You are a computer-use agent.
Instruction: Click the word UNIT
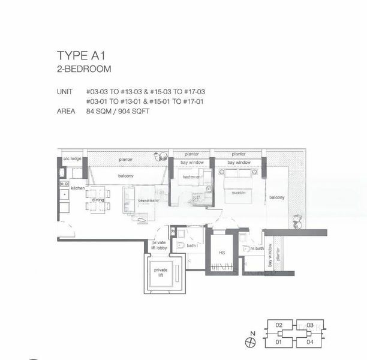point(64,91)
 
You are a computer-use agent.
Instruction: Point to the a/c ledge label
point(72,159)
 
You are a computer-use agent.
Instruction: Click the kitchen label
point(79,188)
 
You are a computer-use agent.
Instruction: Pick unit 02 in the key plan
point(279,325)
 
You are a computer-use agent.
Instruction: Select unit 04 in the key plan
point(309,343)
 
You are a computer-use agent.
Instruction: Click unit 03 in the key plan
point(309,325)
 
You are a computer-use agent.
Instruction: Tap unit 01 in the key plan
point(279,343)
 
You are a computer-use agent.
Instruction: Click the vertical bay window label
point(270,255)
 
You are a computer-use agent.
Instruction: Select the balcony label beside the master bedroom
point(276,197)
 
